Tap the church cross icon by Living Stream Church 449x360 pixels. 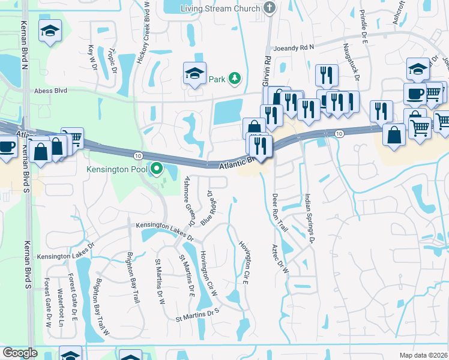(270, 8)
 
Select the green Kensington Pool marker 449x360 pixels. (157, 169)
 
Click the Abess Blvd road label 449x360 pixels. (52, 91)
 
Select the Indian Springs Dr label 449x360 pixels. (309, 218)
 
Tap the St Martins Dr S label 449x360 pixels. (198, 312)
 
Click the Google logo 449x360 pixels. (19, 353)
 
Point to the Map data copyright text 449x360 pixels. (424, 355)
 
